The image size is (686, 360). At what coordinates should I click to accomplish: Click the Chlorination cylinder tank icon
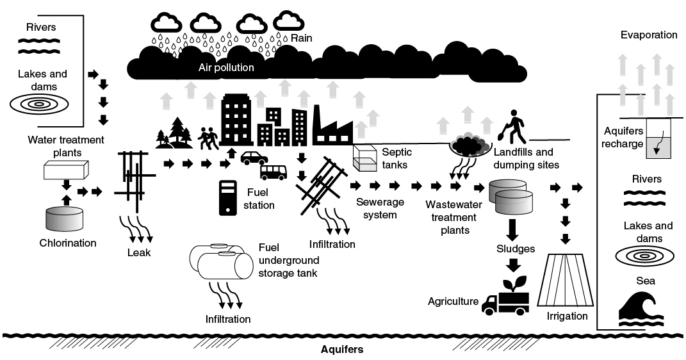pyautogui.click(x=64, y=219)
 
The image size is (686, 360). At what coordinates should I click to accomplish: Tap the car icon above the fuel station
pyautogui.click(x=254, y=158)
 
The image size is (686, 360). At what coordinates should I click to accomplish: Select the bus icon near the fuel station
pyautogui.click(x=274, y=172)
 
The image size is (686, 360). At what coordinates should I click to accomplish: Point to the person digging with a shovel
pyautogui.click(x=514, y=127)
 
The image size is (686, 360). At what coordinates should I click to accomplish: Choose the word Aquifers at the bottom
pyautogui.click(x=342, y=350)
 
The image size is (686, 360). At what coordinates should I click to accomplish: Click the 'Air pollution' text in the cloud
pyautogui.click(x=226, y=67)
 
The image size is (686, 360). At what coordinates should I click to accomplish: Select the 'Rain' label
pyautogui.click(x=301, y=38)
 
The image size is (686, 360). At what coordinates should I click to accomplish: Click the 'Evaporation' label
pyautogui.click(x=648, y=35)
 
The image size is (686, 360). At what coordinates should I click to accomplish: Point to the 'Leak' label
pyautogui.click(x=139, y=252)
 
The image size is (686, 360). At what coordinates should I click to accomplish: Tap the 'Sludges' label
pyautogui.click(x=515, y=248)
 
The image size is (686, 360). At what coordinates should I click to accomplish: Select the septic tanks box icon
pyautogui.click(x=364, y=158)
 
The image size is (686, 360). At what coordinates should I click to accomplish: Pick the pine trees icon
pyautogui.click(x=174, y=132)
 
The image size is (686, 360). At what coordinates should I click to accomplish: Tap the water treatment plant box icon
pyautogui.click(x=66, y=169)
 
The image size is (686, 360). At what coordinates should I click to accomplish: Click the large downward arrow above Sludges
pyautogui.click(x=513, y=228)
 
